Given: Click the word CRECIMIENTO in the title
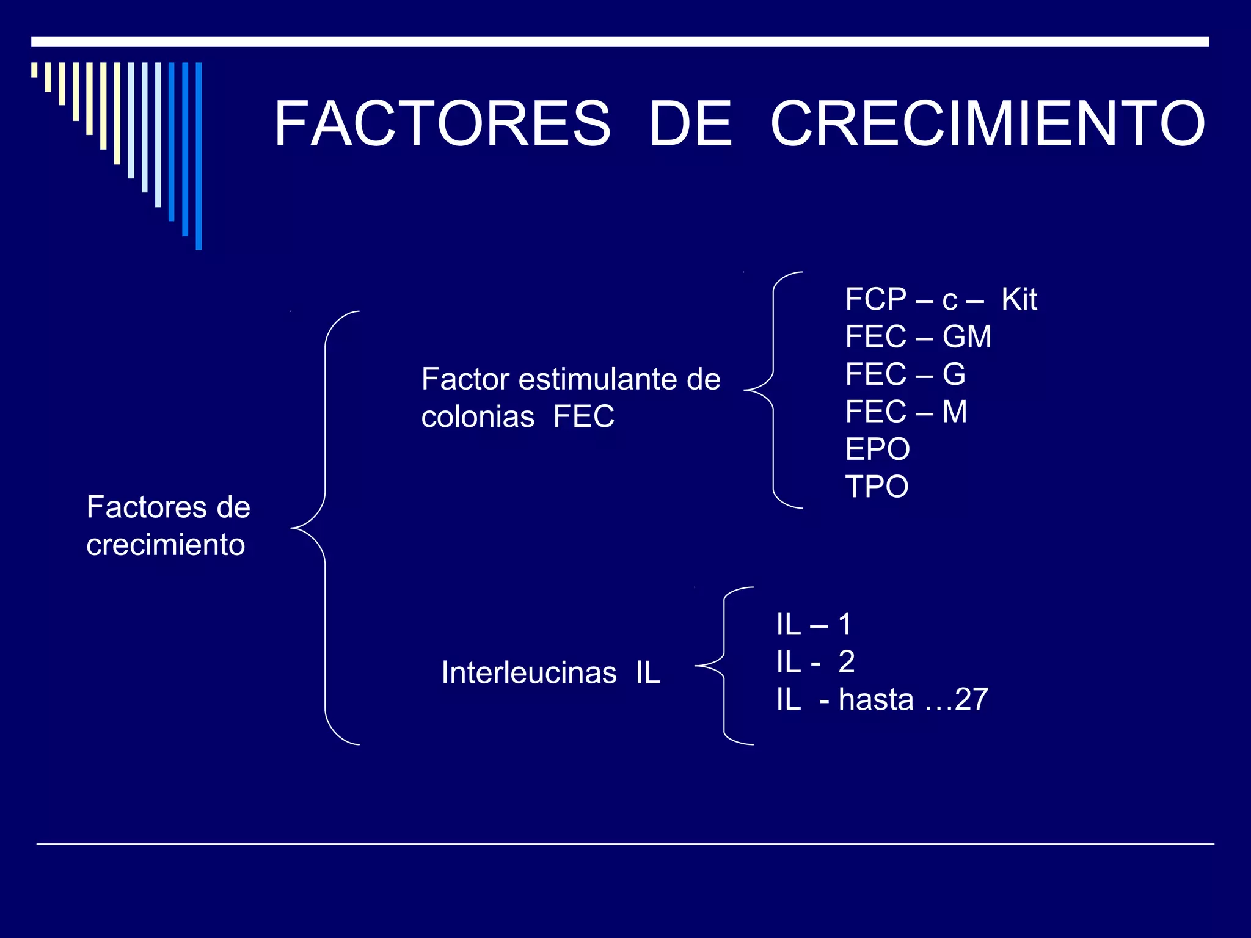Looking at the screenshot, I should pyautogui.click(x=987, y=124).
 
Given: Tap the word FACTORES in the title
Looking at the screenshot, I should pyautogui.click(x=442, y=124).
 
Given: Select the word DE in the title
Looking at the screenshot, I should pyautogui.click(x=690, y=124).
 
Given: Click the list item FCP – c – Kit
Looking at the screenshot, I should pyautogui.click(x=941, y=300).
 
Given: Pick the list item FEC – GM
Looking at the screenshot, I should pyautogui.click(x=917, y=337).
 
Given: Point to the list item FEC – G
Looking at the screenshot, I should pyautogui.click(x=905, y=374).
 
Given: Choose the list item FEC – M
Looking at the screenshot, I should pyautogui.click(x=906, y=412).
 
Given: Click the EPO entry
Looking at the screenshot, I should pyautogui.click(x=877, y=449).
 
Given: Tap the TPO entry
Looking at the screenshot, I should pyautogui.click(x=877, y=487).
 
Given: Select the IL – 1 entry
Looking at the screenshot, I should pyautogui.click(x=814, y=625).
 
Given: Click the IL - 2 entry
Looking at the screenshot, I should pyautogui.click(x=815, y=662).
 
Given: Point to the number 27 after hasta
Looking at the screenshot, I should pyautogui.click(x=971, y=700).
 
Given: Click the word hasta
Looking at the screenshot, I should pyautogui.click(x=876, y=700).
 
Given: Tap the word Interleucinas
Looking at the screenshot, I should pyautogui.click(x=529, y=673).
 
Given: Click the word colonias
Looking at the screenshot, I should pyautogui.click(x=478, y=417).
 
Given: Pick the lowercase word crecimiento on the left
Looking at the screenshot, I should pyautogui.click(x=166, y=545).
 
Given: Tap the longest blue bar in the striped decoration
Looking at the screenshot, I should pyautogui.click(x=199, y=156).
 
